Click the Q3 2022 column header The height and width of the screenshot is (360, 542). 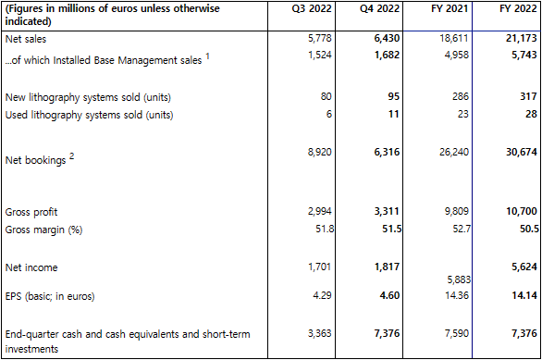coord(312,8)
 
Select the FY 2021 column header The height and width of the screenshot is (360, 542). coord(450,8)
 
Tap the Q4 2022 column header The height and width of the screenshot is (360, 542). coord(379,8)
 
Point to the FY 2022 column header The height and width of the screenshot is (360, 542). coord(518,8)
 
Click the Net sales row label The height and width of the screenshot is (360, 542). coord(26,39)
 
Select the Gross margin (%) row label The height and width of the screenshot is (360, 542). coord(43,230)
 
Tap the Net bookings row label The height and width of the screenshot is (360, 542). coord(35,160)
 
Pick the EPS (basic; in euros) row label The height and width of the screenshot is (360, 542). coord(50,296)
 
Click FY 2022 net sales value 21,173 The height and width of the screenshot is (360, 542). coord(522,38)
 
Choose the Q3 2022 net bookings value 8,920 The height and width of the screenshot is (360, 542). coord(319,152)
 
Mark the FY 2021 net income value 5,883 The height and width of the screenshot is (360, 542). coord(459,279)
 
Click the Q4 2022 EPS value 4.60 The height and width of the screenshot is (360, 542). coord(389,295)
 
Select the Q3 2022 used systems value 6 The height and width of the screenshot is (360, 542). coord(328,114)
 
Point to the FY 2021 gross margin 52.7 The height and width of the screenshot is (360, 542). coord(462,229)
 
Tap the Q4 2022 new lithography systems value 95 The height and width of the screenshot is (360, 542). coord(393,96)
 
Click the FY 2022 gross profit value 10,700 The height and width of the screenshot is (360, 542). coord(522,211)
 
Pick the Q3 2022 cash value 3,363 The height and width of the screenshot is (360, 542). coord(319,333)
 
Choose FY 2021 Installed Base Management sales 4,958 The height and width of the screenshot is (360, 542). coord(457,55)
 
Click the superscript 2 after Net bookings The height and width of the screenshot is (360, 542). coord(71,156)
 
